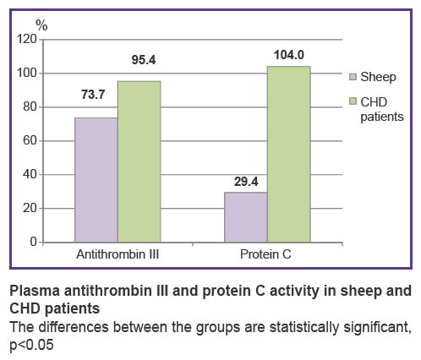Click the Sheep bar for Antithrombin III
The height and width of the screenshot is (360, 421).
(x=96, y=180)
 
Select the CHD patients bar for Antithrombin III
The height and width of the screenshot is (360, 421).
(x=139, y=161)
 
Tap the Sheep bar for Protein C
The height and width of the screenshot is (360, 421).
(x=246, y=217)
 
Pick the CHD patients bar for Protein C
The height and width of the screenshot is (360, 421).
(x=289, y=154)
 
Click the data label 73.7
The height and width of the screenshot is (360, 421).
(x=93, y=95)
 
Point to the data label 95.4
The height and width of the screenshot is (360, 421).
(x=144, y=60)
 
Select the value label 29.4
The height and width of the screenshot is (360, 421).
(x=246, y=182)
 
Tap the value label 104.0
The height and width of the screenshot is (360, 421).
(x=289, y=55)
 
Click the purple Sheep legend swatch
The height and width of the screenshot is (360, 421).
(x=353, y=77)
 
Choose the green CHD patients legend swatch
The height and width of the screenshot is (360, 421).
(x=353, y=101)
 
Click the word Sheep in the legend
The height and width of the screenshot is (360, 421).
(x=378, y=77)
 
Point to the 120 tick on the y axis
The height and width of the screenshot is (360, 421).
(x=27, y=39)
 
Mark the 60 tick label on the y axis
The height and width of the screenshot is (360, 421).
(x=30, y=140)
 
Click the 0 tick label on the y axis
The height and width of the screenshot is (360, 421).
(x=34, y=242)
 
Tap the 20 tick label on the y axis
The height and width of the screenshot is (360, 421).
(x=30, y=208)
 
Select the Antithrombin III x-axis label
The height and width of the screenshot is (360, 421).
(x=118, y=254)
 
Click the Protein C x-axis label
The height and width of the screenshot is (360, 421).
(x=265, y=254)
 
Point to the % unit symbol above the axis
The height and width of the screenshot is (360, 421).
(x=41, y=25)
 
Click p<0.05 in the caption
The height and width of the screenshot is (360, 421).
(x=31, y=345)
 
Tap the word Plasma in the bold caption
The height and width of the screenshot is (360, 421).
(x=35, y=291)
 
